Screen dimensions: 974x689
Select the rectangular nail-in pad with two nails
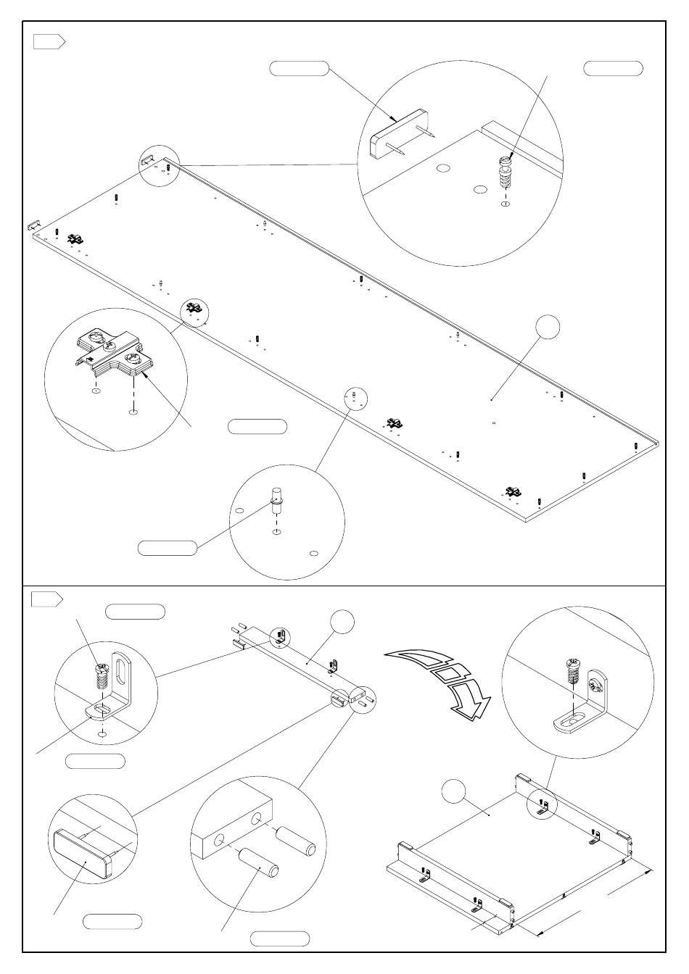pos(398,134)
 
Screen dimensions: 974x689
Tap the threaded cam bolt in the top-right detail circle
pos(505,174)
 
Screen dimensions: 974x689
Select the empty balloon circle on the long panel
pos(548,327)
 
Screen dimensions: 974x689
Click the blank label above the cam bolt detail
pos(613,69)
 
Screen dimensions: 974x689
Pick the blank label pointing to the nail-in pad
pos(299,69)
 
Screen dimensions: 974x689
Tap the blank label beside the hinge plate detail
pos(257,426)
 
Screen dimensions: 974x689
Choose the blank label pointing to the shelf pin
pos(167,548)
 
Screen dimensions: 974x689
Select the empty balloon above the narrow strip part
pos(342,623)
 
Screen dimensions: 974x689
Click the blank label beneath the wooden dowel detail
pos(279,938)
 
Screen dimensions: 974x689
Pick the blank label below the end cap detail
pos(112,922)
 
